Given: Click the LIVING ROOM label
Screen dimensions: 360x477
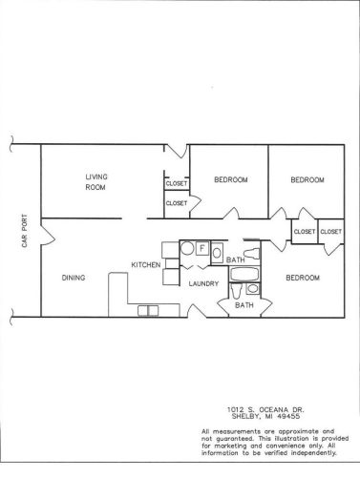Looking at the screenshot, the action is (96, 182).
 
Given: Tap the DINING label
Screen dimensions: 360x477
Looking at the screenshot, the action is (74, 278).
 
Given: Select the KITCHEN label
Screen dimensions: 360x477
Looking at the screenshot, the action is (146, 264).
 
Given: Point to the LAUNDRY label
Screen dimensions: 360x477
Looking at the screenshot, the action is (203, 283).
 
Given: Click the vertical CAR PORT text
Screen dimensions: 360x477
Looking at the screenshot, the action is (24, 231).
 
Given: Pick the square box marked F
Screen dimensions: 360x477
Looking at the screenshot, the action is (201, 248).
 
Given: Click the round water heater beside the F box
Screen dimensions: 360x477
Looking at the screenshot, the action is (187, 248).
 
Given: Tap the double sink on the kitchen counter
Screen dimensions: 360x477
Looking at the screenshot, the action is (148, 311).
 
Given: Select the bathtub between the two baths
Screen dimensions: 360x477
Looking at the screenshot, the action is (244, 275).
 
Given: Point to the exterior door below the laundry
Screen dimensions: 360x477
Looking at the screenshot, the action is (197, 311).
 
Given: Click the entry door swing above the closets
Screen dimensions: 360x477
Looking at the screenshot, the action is (177, 152).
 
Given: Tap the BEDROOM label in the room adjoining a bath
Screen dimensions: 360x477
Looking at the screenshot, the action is (303, 278).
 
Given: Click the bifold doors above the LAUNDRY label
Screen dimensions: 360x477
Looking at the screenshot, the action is (195, 266).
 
